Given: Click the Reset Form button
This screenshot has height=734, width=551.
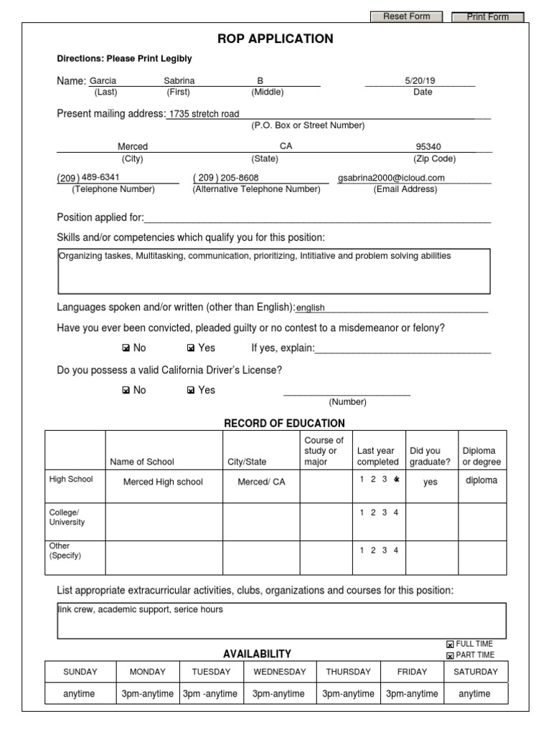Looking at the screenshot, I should coord(406,16).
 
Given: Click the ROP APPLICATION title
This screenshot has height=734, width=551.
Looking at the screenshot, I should coord(275,39).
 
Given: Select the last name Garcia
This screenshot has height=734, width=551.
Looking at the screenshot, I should coord(103,81).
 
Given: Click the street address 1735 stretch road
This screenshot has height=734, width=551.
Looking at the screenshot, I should coord(204,113).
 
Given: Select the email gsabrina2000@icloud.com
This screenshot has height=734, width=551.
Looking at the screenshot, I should coord(392,178).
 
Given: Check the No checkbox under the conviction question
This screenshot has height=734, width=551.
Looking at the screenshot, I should coord(126,348).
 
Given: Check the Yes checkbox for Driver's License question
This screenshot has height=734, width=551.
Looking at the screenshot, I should coord(191,391).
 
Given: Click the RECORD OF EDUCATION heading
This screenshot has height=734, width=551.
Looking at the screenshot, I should coord(284,423).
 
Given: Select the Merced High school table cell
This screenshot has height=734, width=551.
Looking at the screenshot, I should coord(163,482).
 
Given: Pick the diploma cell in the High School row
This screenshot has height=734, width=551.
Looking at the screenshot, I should coord(481,481).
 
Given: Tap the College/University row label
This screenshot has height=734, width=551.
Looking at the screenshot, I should coord(67,518).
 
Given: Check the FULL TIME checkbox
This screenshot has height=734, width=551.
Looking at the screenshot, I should coord(450,644).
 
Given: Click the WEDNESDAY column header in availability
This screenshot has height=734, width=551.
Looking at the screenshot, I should coord(279,672).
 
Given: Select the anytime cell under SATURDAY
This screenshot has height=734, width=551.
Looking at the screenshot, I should coord(474,694).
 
